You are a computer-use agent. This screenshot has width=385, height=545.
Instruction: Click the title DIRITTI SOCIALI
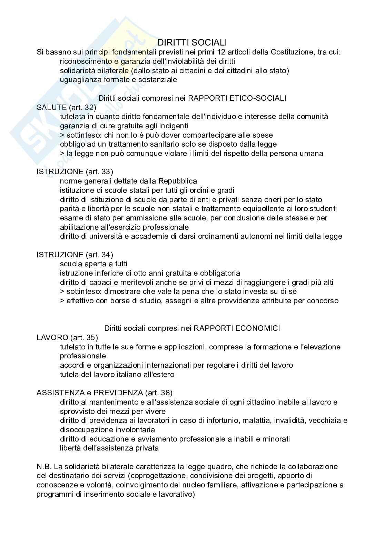coord(192,42)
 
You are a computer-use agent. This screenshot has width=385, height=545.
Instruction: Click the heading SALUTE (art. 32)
coord(66,107)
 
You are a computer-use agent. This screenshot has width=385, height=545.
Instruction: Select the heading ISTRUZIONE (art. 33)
coord(75,171)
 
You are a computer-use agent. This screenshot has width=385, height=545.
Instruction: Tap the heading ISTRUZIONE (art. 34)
coord(75,255)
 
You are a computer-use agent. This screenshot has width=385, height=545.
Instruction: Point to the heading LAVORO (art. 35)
coord(67,337)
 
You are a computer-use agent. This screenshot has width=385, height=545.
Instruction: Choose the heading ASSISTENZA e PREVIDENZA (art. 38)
coord(105,393)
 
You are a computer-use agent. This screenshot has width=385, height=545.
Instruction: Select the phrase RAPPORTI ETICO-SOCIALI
coord(237,98)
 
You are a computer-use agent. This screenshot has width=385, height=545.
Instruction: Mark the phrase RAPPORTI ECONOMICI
coord(237,328)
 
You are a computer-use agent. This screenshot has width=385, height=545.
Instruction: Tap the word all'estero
coord(159,374)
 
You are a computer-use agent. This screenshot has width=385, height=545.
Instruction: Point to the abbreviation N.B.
coord(44,467)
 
